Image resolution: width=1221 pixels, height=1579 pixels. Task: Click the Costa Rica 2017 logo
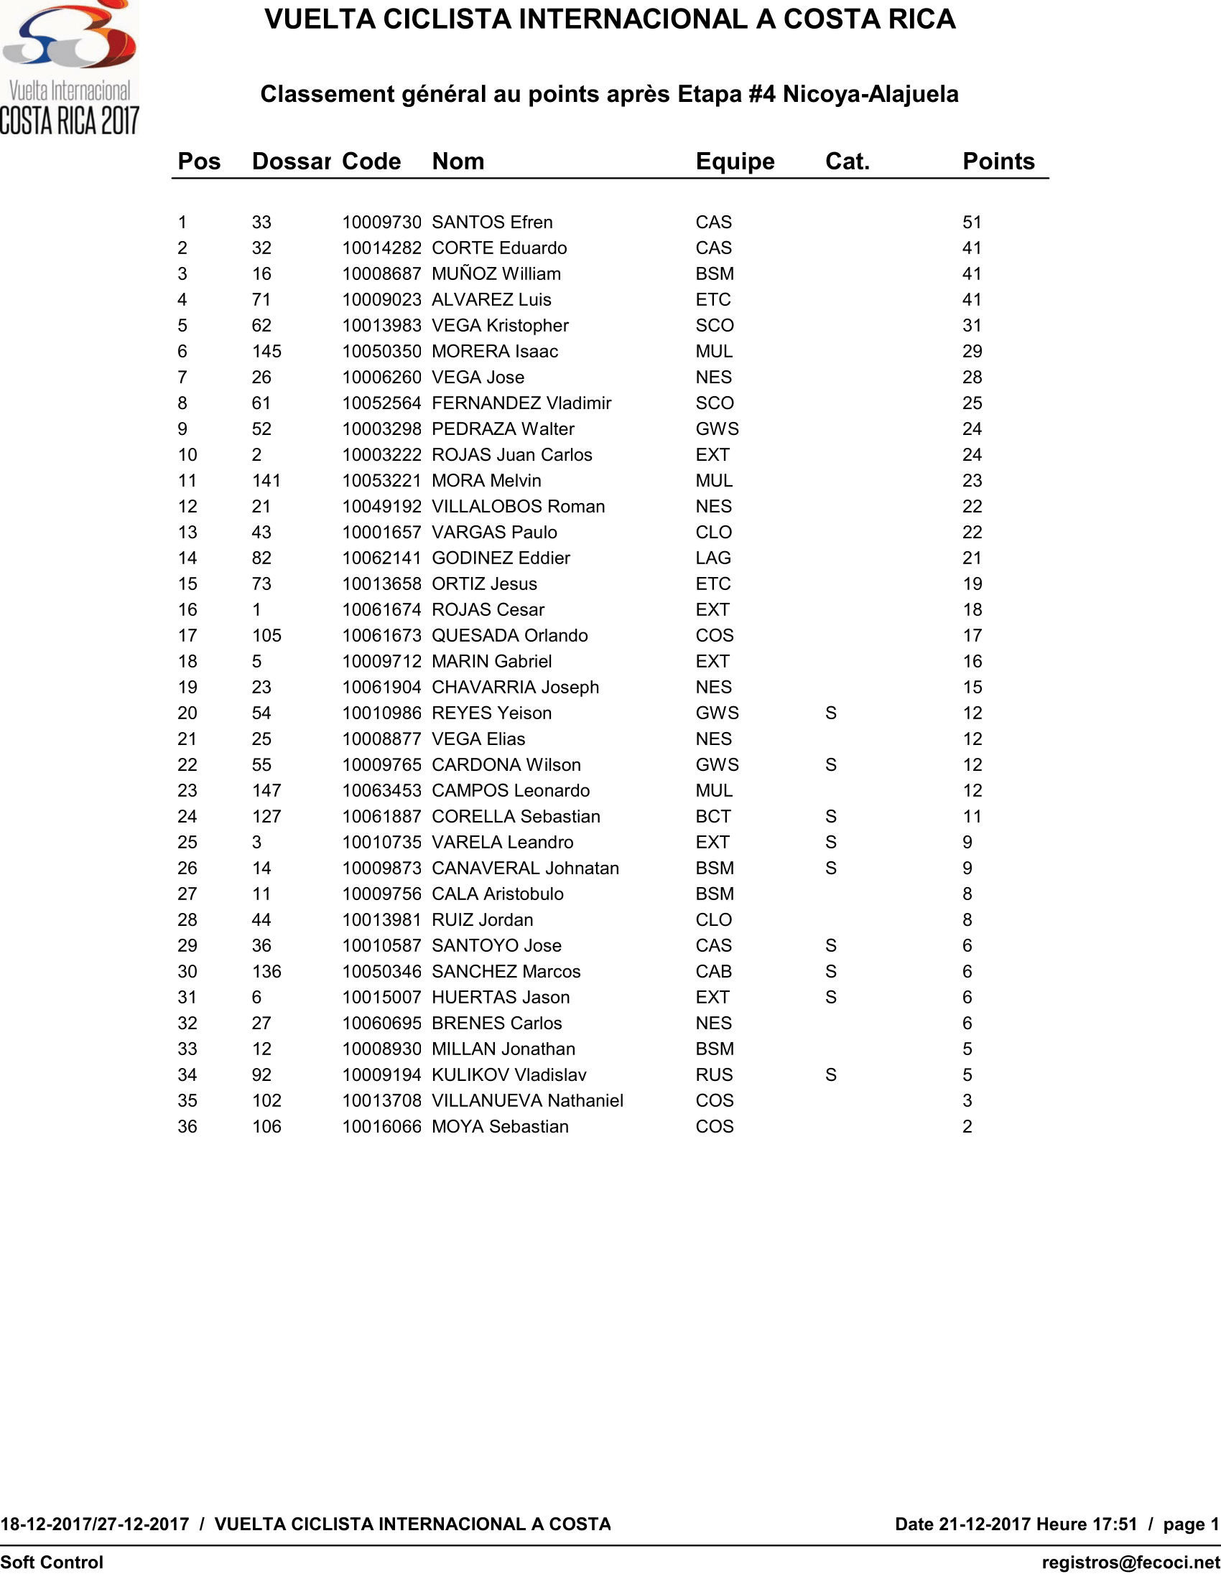(70, 69)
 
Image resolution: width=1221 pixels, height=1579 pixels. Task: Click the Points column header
(998, 161)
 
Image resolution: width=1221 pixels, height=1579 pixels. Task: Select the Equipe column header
(735, 161)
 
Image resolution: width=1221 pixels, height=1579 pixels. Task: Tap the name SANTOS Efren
(492, 222)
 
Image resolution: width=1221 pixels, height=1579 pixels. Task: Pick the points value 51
(972, 222)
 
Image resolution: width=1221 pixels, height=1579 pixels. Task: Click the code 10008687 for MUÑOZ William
(381, 274)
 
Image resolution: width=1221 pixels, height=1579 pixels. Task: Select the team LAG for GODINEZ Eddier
(713, 558)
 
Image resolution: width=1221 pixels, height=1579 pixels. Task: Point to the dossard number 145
(266, 352)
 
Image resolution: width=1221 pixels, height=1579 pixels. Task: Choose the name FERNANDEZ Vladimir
(521, 403)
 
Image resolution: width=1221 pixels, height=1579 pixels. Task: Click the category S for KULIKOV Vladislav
(830, 1075)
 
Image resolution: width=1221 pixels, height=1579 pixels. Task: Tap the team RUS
(714, 1075)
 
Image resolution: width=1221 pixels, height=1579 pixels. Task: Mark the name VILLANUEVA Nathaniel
(526, 1101)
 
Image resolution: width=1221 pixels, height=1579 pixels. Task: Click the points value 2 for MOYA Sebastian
(967, 1126)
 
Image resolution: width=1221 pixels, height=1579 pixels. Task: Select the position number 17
(187, 635)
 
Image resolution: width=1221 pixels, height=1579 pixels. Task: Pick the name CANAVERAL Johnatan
(525, 868)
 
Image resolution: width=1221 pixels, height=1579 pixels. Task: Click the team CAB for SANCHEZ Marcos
(713, 972)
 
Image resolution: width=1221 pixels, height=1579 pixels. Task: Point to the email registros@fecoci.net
(1131, 1562)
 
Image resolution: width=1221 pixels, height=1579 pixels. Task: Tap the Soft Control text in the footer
(52, 1562)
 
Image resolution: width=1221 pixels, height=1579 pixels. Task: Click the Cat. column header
(847, 161)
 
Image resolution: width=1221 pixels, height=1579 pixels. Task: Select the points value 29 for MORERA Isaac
(972, 352)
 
